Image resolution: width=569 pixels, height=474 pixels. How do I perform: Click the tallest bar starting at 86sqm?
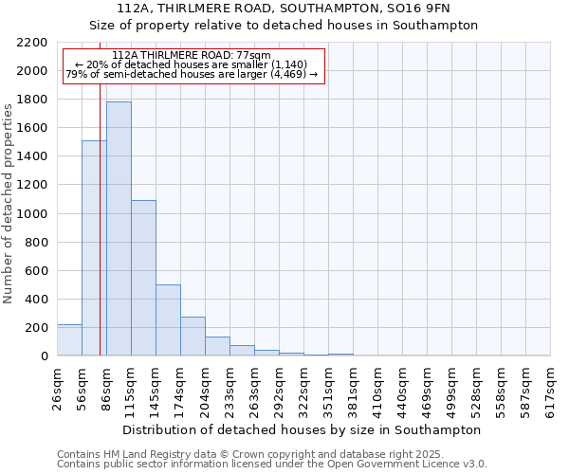pyautogui.click(x=119, y=228)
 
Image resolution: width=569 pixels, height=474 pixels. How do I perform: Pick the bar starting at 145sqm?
pyautogui.click(x=168, y=320)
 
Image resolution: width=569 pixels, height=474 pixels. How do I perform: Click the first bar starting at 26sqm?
pyautogui.click(x=69, y=340)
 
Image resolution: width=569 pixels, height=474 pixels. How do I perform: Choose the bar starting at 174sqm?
pyautogui.click(x=193, y=337)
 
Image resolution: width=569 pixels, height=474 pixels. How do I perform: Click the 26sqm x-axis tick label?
pyautogui.click(x=57, y=388)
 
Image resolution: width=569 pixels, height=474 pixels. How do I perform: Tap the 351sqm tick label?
pyautogui.click(x=328, y=388)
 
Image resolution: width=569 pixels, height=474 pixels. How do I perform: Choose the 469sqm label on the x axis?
pyautogui.click(x=427, y=388)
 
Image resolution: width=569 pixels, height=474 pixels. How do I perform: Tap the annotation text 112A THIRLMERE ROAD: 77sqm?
pyautogui.click(x=191, y=56)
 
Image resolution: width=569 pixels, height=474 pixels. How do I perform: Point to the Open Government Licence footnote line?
pyautogui.click(x=271, y=465)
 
